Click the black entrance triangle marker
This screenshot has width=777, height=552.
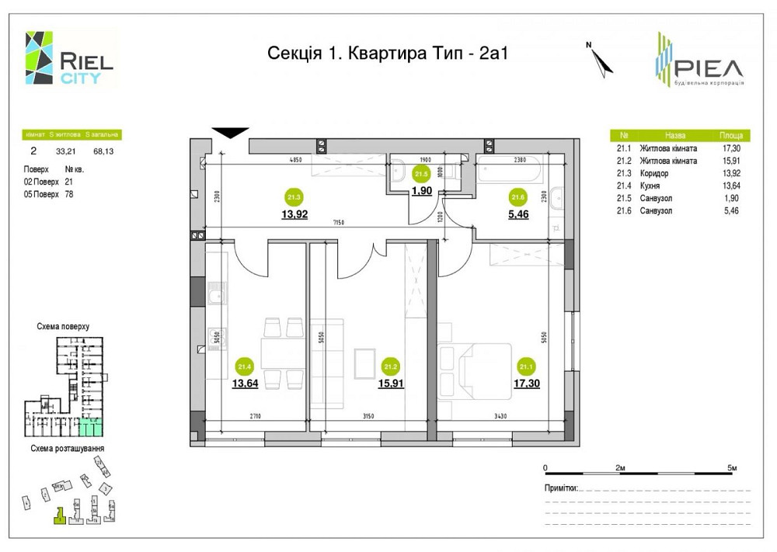pyautogui.click(x=230, y=133)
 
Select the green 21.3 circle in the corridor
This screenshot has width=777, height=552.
pyautogui.click(x=294, y=196)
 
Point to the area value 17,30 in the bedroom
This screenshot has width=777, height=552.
pyautogui.click(x=527, y=382)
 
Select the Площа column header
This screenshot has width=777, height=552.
pyautogui.click(x=730, y=134)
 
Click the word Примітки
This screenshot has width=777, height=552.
pyautogui.click(x=562, y=488)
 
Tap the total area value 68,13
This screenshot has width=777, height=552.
pyautogui.click(x=103, y=151)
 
